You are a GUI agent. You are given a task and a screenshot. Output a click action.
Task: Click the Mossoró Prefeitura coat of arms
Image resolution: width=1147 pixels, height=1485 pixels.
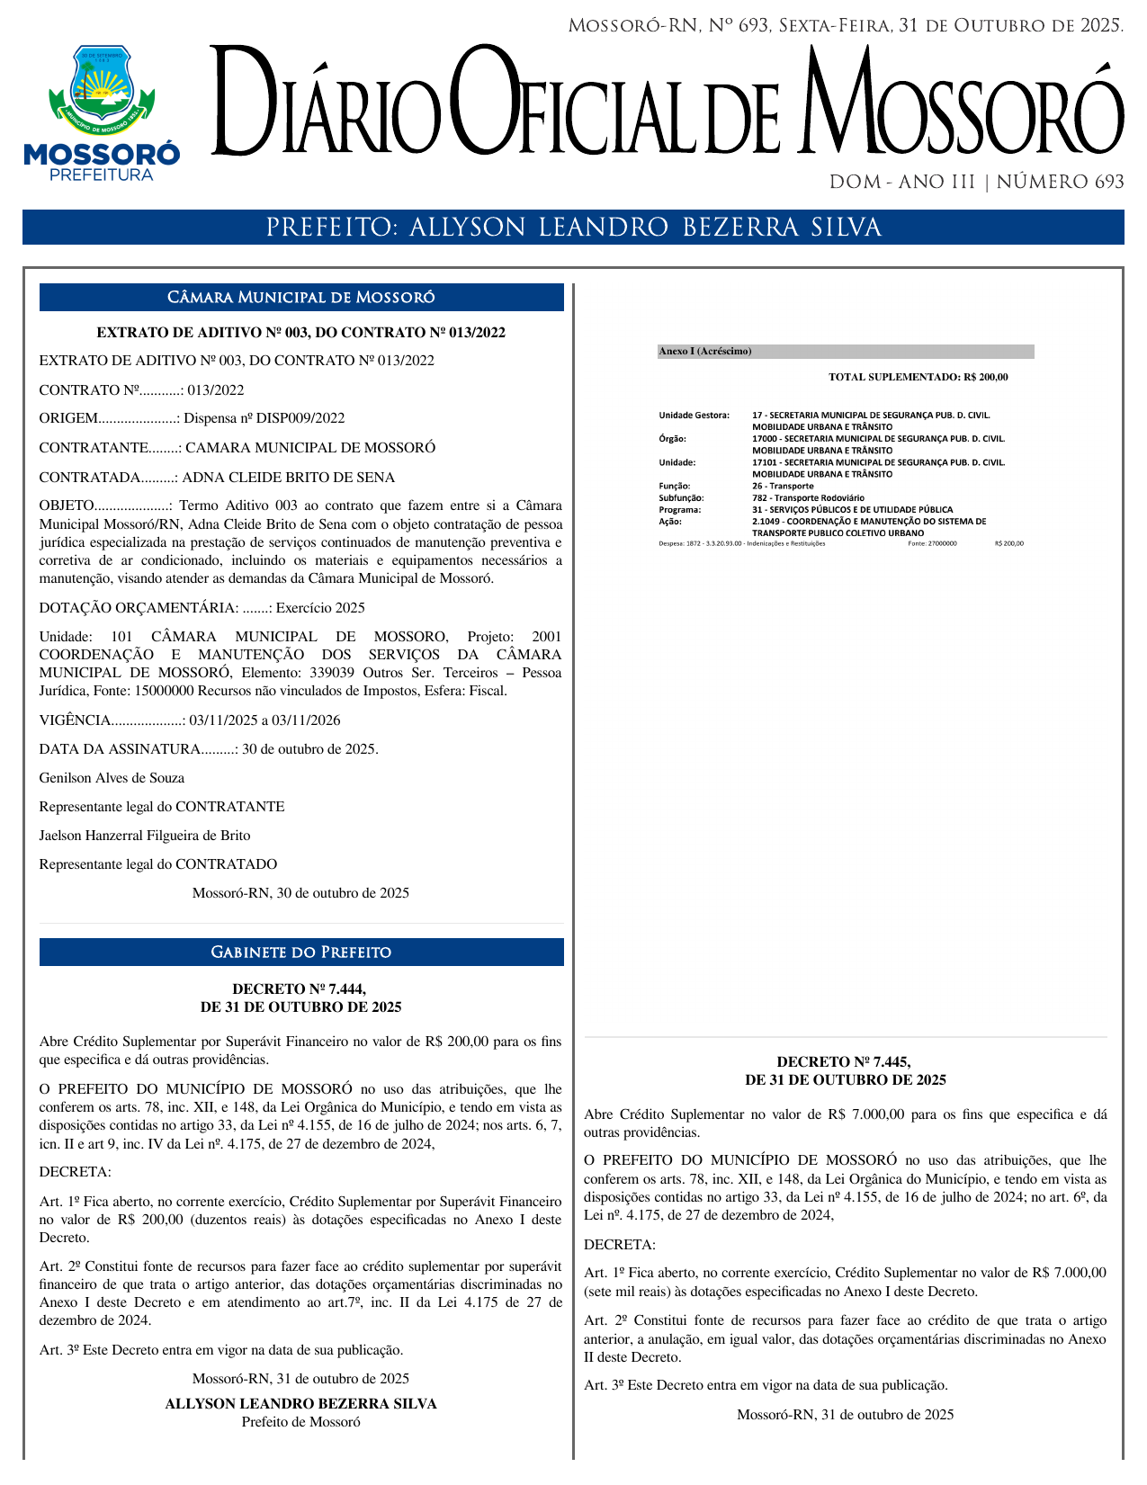[101, 90]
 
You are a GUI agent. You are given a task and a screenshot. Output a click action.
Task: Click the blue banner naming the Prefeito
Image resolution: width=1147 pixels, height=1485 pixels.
[573, 228]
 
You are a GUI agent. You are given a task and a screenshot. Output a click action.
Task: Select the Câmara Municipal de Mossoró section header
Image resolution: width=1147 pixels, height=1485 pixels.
[301, 298]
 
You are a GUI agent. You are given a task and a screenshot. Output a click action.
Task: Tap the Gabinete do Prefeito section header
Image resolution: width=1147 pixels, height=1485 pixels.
[301, 953]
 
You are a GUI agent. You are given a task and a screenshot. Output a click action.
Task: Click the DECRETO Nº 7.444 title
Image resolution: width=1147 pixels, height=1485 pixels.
[300, 998]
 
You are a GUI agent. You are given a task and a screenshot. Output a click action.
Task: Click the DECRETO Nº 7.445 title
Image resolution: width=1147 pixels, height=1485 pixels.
[845, 1071]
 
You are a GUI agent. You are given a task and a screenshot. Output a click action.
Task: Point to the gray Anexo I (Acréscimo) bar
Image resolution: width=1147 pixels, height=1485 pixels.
[845, 352]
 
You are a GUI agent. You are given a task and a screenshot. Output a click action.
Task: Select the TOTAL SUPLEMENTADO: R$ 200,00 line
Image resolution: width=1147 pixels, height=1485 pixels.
[918, 378]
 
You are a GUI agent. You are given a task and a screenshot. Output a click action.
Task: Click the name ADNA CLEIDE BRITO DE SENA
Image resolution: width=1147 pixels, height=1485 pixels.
[289, 478]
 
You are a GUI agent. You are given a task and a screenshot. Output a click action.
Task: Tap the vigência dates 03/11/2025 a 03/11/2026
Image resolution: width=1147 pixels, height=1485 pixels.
[264, 720]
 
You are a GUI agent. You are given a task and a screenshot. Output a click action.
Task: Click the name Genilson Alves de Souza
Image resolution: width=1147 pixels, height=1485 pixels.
[112, 778]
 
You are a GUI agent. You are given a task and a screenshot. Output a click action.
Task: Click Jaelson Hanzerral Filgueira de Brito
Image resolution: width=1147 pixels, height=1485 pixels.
[145, 836]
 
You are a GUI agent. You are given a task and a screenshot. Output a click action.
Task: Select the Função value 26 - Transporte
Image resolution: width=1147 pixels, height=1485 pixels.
[783, 486]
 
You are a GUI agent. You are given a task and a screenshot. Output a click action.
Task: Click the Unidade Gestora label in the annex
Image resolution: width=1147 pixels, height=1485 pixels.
[694, 416]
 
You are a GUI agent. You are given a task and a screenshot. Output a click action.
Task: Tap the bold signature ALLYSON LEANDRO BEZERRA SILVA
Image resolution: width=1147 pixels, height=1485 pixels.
[300, 1404]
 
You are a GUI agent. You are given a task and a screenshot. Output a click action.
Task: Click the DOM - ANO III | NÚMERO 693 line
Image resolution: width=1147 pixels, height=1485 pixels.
[976, 183]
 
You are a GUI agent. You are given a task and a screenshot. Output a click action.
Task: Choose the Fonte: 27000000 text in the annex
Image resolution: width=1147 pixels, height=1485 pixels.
[932, 543]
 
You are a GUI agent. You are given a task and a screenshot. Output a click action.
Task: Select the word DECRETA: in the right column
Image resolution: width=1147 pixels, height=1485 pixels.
[619, 1245]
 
